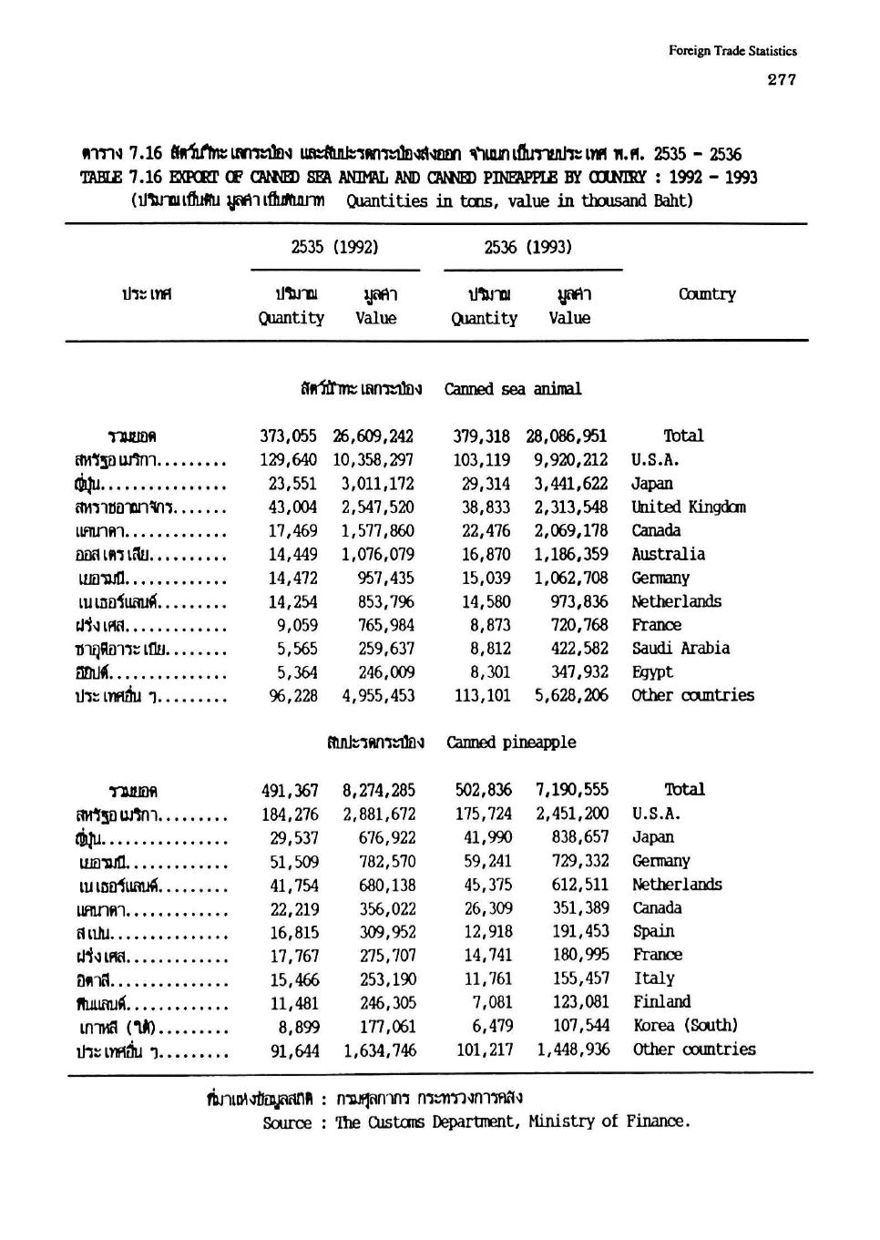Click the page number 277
(782, 79)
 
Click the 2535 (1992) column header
(334, 247)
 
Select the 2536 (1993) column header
(527, 247)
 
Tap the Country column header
(707, 294)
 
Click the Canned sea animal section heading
(513, 389)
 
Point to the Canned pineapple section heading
(511, 743)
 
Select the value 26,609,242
(373, 436)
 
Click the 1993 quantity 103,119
(482, 460)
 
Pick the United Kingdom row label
(689, 507)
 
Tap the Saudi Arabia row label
(680, 649)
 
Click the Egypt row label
(652, 672)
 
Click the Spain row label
(654, 932)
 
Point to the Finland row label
(662, 1002)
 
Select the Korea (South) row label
(686, 1026)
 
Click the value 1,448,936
(573, 1050)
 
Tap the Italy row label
(654, 979)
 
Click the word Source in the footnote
(287, 1123)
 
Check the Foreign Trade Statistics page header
(732, 51)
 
